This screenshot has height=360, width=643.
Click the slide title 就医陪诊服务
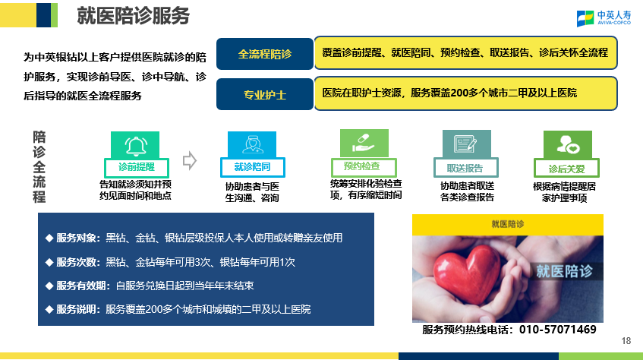[x=134, y=16]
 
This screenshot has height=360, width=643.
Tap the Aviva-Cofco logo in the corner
[x=604, y=18]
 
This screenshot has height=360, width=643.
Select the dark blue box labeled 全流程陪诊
[x=265, y=54]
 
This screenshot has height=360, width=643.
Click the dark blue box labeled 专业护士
[x=265, y=94]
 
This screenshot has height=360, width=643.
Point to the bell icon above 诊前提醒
[x=136, y=146]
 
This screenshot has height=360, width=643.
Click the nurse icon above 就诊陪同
[x=252, y=145]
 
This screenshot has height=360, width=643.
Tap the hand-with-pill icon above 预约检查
[x=364, y=143]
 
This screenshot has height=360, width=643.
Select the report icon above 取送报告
[x=465, y=144]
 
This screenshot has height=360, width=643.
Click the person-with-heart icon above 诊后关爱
[x=568, y=144]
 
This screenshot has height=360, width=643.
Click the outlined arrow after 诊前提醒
[x=190, y=160]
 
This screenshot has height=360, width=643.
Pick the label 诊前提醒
[x=137, y=167]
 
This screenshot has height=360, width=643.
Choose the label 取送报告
[x=465, y=169]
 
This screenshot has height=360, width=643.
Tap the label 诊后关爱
[x=567, y=169]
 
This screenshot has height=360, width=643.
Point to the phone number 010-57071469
[x=558, y=329]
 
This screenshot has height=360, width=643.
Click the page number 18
[x=626, y=341]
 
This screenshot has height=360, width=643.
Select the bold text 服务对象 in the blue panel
[x=76, y=238]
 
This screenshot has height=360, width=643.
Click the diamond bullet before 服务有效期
[x=49, y=286]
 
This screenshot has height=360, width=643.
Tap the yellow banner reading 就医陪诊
[x=508, y=224]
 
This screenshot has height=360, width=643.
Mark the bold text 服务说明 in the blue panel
[x=76, y=309]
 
